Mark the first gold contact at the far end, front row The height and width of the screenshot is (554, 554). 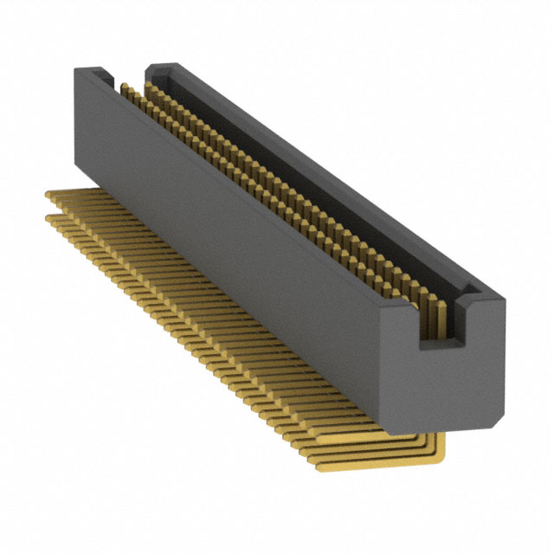tap(123, 87)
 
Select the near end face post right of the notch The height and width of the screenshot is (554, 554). tap(485, 346)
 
